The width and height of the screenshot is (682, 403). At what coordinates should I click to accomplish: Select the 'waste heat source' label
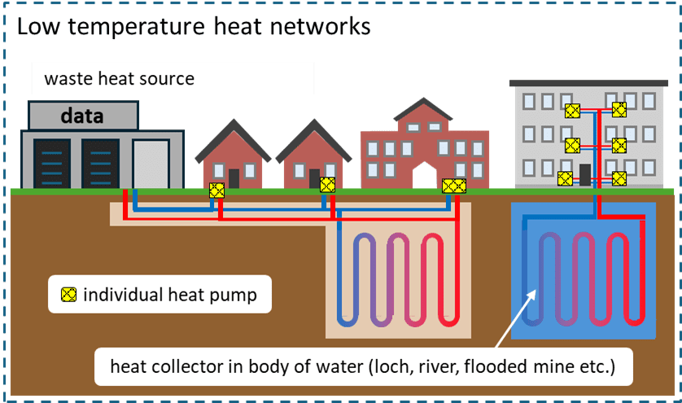click(119, 79)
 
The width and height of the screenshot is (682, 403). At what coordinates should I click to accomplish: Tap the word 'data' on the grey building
click(82, 116)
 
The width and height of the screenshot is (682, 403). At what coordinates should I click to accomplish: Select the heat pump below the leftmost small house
click(216, 191)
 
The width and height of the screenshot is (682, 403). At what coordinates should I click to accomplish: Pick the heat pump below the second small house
click(327, 185)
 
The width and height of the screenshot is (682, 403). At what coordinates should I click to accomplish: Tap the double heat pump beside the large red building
click(453, 186)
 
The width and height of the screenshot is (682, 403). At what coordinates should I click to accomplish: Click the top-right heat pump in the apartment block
click(619, 109)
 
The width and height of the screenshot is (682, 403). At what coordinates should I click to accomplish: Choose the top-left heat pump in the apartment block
click(572, 109)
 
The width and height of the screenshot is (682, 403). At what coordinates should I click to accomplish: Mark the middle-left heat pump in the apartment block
click(572, 146)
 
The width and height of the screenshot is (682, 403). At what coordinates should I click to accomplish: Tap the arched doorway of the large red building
click(424, 175)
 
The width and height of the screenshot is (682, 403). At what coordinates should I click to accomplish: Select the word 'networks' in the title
click(322, 27)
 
